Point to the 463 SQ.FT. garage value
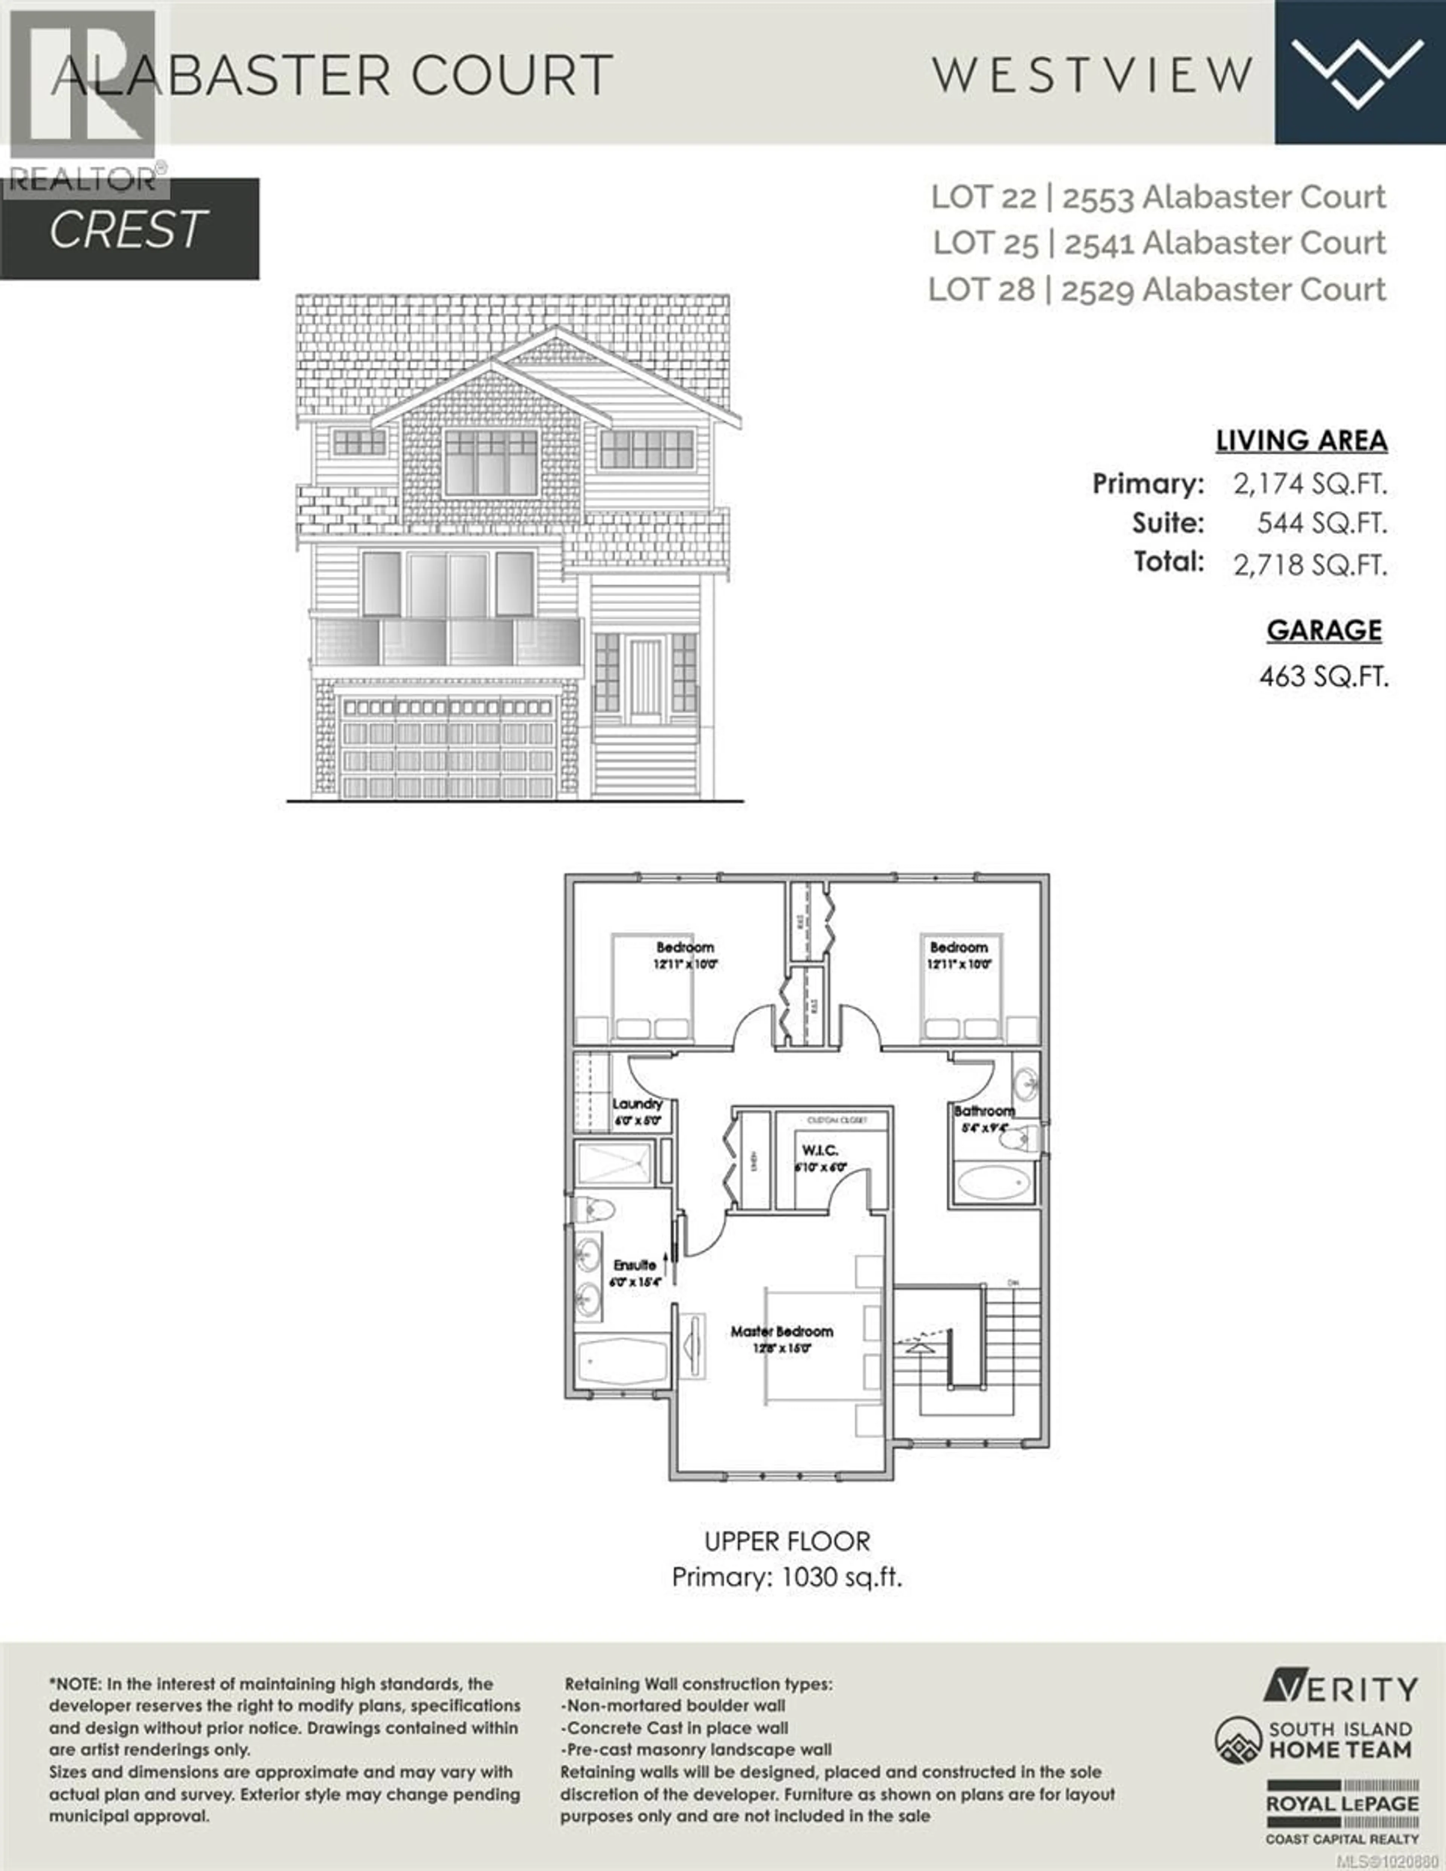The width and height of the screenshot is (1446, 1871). [1322, 677]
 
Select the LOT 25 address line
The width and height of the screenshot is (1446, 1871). [1159, 243]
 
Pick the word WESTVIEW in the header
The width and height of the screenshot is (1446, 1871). [1093, 75]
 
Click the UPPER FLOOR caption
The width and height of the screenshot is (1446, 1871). [787, 1541]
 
